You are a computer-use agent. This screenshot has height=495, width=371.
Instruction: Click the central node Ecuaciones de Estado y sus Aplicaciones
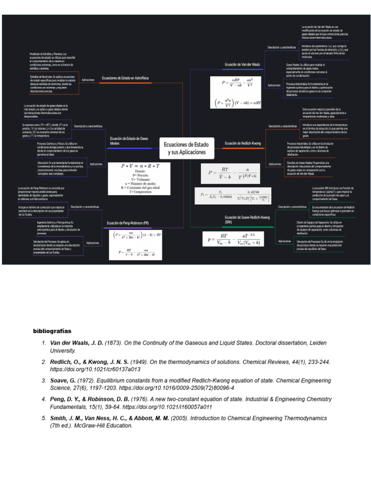tap(186, 148)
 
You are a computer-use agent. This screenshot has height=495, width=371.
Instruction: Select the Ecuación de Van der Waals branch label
tap(242, 64)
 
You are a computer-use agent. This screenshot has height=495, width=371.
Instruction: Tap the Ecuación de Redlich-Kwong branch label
tap(243, 143)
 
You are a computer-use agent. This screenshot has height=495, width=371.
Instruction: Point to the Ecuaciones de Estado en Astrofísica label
tap(125, 77)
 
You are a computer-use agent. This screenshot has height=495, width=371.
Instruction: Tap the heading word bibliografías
tap(52, 331)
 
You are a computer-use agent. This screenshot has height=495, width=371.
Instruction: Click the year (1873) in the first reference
tap(114, 343)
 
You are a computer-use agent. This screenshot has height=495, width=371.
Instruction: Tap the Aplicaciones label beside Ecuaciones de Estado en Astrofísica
tap(88, 79)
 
